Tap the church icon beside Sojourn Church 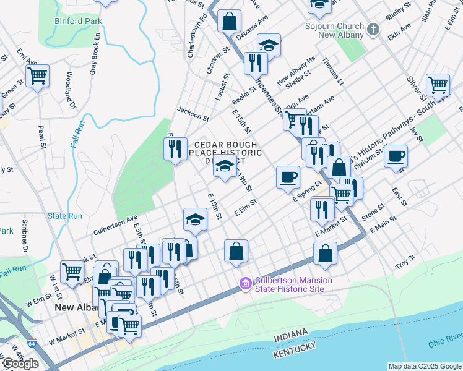tap(373, 29)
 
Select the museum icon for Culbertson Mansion tap(245, 284)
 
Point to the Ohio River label tap(445, 344)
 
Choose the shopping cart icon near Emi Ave tap(38, 77)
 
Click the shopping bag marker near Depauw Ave tap(229, 21)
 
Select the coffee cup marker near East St tap(396, 156)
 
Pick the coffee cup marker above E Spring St tap(288, 177)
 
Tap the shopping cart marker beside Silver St tap(438, 85)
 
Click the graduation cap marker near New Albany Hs tap(269, 45)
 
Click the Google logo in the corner tap(20, 364)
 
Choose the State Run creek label tap(65, 216)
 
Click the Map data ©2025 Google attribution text tap(424, 366)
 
